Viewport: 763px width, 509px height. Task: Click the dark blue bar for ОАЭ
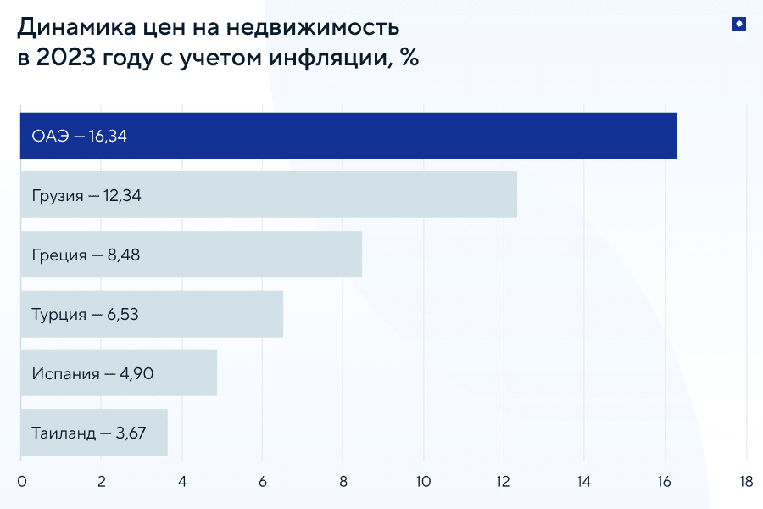pos(424,136)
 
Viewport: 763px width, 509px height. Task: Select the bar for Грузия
pos(339,195)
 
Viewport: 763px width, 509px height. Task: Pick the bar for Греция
pos(254,255)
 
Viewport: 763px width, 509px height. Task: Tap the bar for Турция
pos(212,314)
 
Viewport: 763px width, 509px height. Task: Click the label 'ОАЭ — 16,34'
pos(79,136)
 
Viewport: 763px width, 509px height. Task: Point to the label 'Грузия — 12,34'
pos(86,195)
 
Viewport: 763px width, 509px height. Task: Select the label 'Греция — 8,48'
pos(85,255)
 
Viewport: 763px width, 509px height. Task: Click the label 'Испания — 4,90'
pos(92,373)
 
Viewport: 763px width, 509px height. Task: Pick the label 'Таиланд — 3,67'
pos(88,433)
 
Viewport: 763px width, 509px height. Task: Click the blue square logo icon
pos(738,25)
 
